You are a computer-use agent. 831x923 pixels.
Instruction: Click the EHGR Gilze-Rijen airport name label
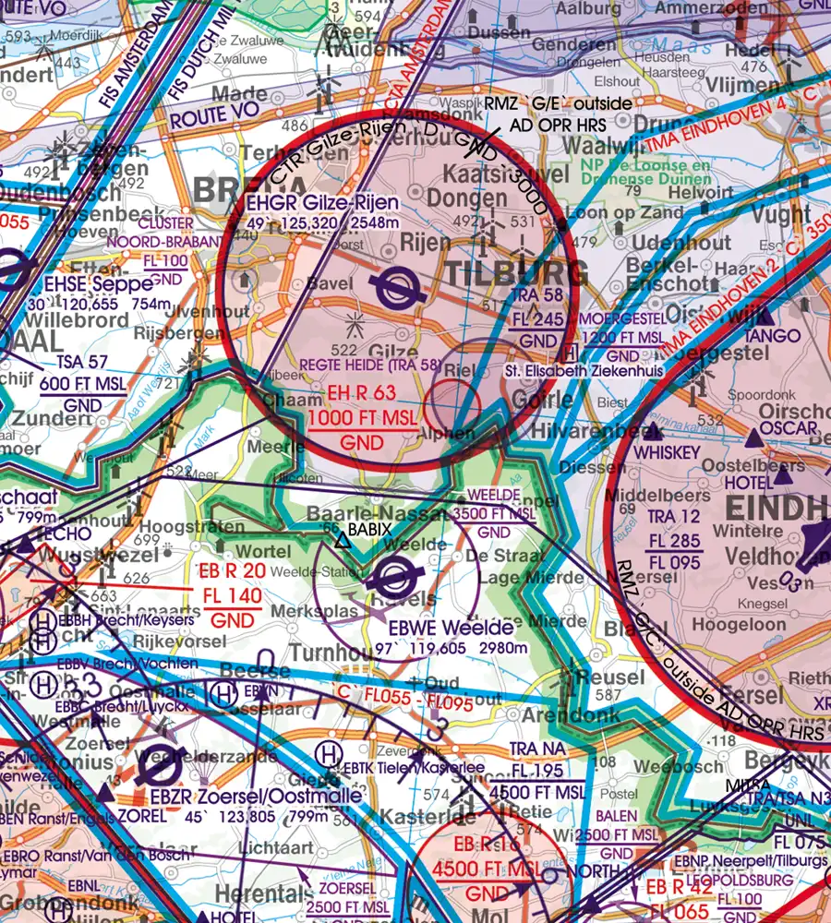tap(323, 203)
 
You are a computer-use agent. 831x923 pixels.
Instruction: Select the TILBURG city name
tap(517, 274)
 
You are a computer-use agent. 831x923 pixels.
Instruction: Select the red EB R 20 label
tap(234, 571)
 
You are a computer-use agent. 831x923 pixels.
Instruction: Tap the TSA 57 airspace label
tap(68, 363)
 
